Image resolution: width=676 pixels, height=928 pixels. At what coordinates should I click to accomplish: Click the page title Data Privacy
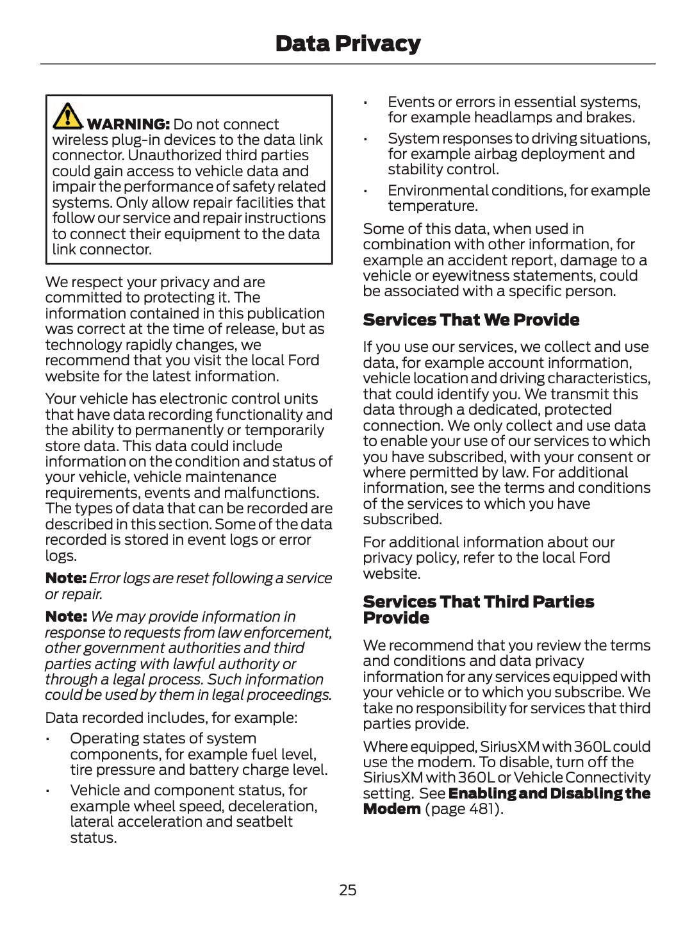tap(347, 44)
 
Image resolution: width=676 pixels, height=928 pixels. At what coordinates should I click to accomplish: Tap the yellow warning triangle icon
tap(67, 115)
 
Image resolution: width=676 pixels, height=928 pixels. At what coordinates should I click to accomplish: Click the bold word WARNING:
tap(128, 124)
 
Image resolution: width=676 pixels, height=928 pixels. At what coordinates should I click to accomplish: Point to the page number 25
tap(347, 890)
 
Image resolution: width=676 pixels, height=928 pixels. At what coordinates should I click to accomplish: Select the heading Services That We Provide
tap(471, 320)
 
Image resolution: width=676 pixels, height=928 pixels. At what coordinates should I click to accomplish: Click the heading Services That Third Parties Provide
tap(478, 609)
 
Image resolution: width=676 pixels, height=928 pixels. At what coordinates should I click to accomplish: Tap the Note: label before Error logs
tap(65, 578)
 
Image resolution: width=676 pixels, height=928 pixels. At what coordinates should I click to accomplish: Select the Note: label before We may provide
tap(65, 617)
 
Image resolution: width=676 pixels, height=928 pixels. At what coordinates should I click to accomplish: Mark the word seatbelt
tap(264, 822)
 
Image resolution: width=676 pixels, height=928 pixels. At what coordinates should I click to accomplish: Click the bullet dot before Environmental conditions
tap(365, 192)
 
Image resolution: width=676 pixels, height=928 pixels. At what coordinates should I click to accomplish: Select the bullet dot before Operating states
tap(48, 740)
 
